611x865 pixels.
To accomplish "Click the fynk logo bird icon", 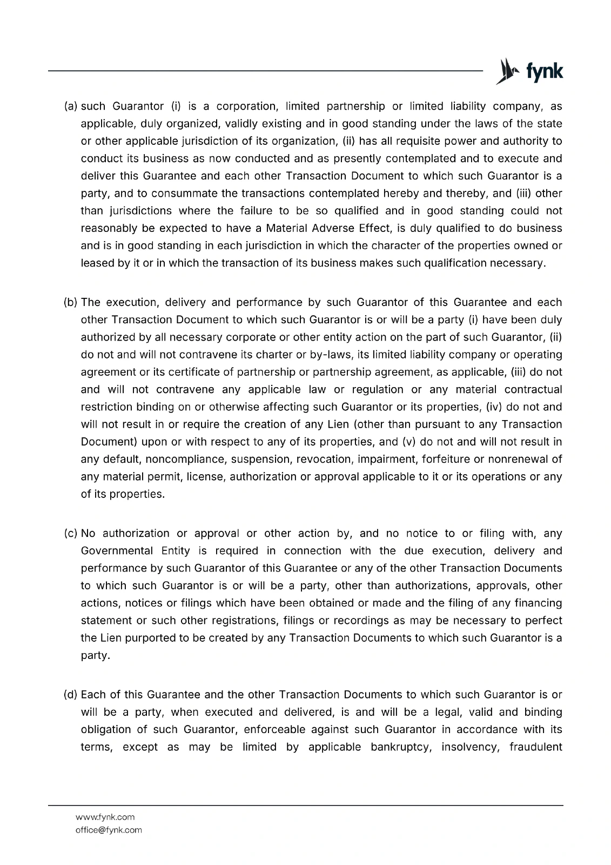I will [x=507, y=71].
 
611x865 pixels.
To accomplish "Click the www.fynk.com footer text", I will [x=105, y=817].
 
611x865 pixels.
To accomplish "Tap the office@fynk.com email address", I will [x=109, y=830].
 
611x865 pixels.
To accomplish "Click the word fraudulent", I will [x=535, y=747].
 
